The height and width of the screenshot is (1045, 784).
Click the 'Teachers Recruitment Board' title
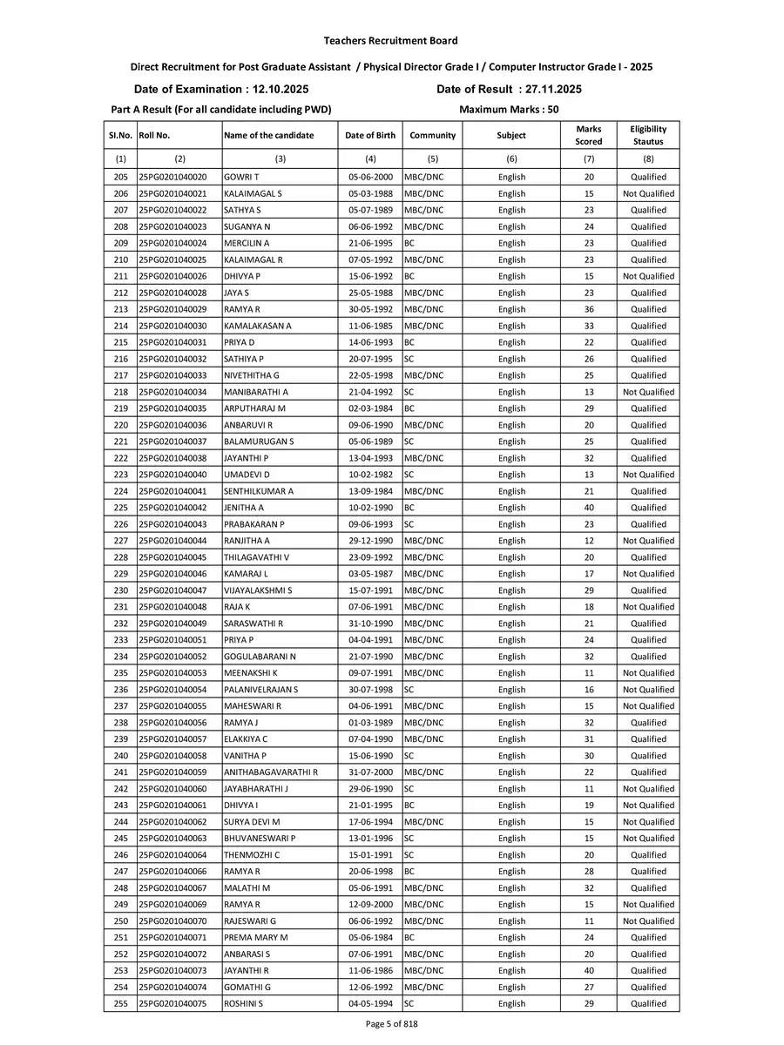pos(390,41)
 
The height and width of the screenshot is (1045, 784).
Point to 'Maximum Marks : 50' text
pos(508,110)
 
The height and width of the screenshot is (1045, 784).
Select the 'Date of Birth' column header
pos(370,136)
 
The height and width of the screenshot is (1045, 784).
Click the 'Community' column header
pos(432,136)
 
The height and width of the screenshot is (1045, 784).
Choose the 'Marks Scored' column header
pos(589,135)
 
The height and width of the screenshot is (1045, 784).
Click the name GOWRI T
pos(240,177)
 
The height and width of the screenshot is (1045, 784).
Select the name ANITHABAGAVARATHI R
pos(270,772)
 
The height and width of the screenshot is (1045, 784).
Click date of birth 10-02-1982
pos(370,475)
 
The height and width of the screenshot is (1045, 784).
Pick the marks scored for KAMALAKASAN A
pos(589,326)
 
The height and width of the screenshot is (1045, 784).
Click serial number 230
pos(120,590)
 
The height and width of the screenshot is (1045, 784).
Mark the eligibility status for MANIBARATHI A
pos(648,392)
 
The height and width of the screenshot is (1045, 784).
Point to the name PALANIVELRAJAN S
pos(260,690)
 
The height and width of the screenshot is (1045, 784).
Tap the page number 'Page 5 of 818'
pos(390,1024)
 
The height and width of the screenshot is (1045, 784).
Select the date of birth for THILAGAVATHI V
pos(370,557)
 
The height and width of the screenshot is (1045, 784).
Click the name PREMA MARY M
pos(255,938)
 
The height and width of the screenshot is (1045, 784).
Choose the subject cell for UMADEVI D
pos(511,475)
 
